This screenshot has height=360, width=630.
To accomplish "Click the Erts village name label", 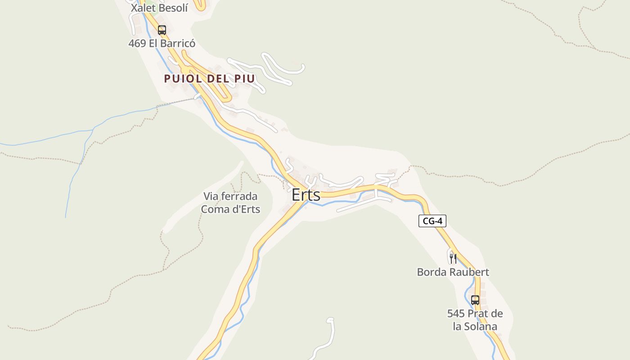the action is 306,195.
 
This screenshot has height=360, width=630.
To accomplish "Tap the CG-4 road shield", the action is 432,221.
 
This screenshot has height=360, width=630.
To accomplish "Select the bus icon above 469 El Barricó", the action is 162,30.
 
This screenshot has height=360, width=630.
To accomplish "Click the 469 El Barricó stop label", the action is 162,44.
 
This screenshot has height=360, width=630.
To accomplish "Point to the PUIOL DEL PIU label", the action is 209,79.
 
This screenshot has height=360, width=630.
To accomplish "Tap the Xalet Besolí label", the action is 159,8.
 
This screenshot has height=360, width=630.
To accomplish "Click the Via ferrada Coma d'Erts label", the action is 230,202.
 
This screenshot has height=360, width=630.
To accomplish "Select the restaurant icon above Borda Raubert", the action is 453,258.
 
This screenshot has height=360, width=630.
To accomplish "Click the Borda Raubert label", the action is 453,272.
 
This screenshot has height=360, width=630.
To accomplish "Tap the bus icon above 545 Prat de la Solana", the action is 475,300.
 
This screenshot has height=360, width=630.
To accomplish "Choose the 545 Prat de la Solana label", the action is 475,320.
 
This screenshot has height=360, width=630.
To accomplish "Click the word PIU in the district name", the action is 244,79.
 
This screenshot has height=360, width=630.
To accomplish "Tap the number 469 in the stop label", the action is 137,44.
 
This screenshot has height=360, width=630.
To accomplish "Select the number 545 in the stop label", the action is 456,314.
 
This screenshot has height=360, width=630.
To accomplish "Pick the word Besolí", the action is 171,8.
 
